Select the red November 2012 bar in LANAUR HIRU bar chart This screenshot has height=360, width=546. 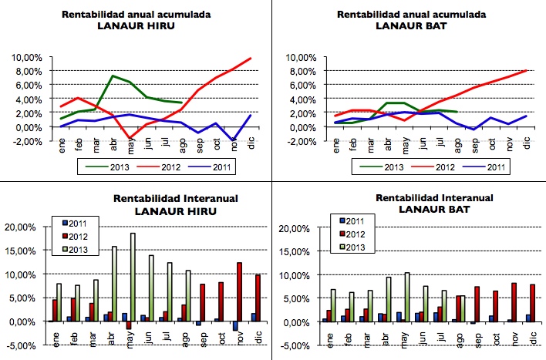click(240, 292)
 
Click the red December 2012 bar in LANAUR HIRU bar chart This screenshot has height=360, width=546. click(258, 298)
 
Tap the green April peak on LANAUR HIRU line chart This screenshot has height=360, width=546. click(113, 76)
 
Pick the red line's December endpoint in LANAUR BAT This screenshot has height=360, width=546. click(527, 70)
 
